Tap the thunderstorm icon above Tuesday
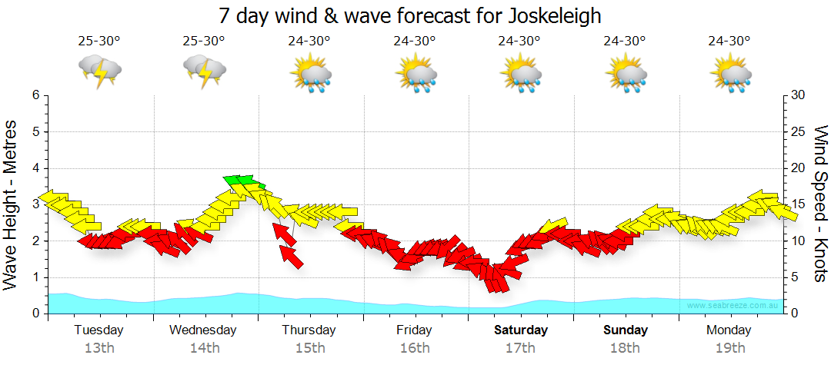100,71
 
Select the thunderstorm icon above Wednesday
205,71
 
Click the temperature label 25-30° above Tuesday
99,41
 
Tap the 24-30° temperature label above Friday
415,41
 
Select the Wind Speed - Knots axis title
819,204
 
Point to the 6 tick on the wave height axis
35,95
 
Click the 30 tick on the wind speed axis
798,95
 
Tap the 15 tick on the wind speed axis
798,204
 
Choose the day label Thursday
309,330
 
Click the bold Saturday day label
521,330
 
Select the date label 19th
730,347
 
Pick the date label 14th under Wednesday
204,347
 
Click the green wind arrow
244,181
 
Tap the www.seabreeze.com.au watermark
734,305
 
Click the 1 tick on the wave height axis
35,277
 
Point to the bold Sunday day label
626,330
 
